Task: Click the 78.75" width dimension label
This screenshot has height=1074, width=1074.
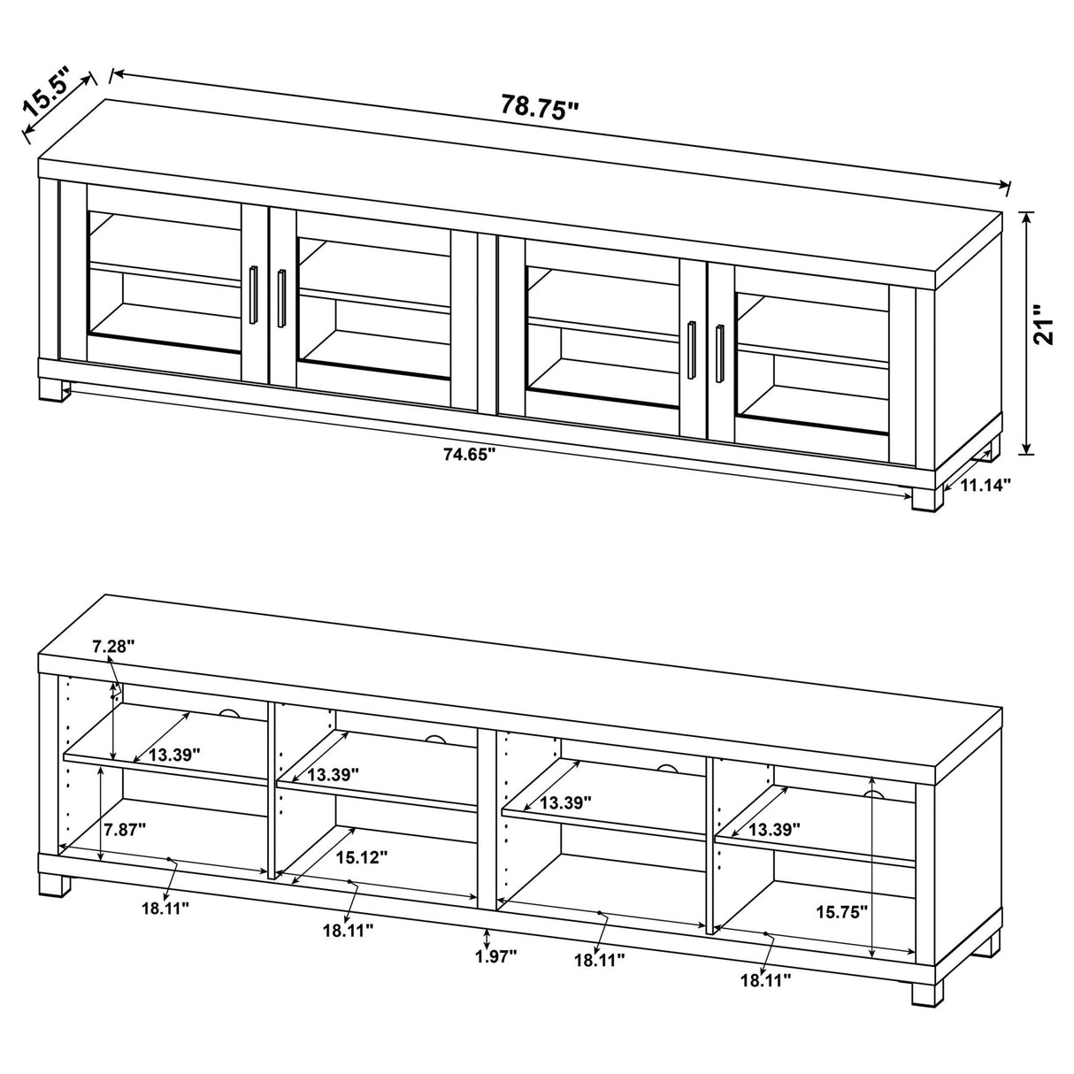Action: tap(540, 106)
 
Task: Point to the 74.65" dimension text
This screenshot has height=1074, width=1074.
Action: tap(468, 456)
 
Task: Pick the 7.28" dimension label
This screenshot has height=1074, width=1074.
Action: tap(114, 647)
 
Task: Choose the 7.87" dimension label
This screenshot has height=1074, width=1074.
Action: tap(125, 829)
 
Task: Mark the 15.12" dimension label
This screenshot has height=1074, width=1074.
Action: tap(361, 856)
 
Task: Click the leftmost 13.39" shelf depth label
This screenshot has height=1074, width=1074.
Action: tap(174, 755)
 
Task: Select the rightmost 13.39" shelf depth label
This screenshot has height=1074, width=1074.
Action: tap(774, 829)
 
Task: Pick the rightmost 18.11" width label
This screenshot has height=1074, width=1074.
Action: tap(764, 978)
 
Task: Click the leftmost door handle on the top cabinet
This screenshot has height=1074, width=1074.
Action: tap(254, 289)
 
